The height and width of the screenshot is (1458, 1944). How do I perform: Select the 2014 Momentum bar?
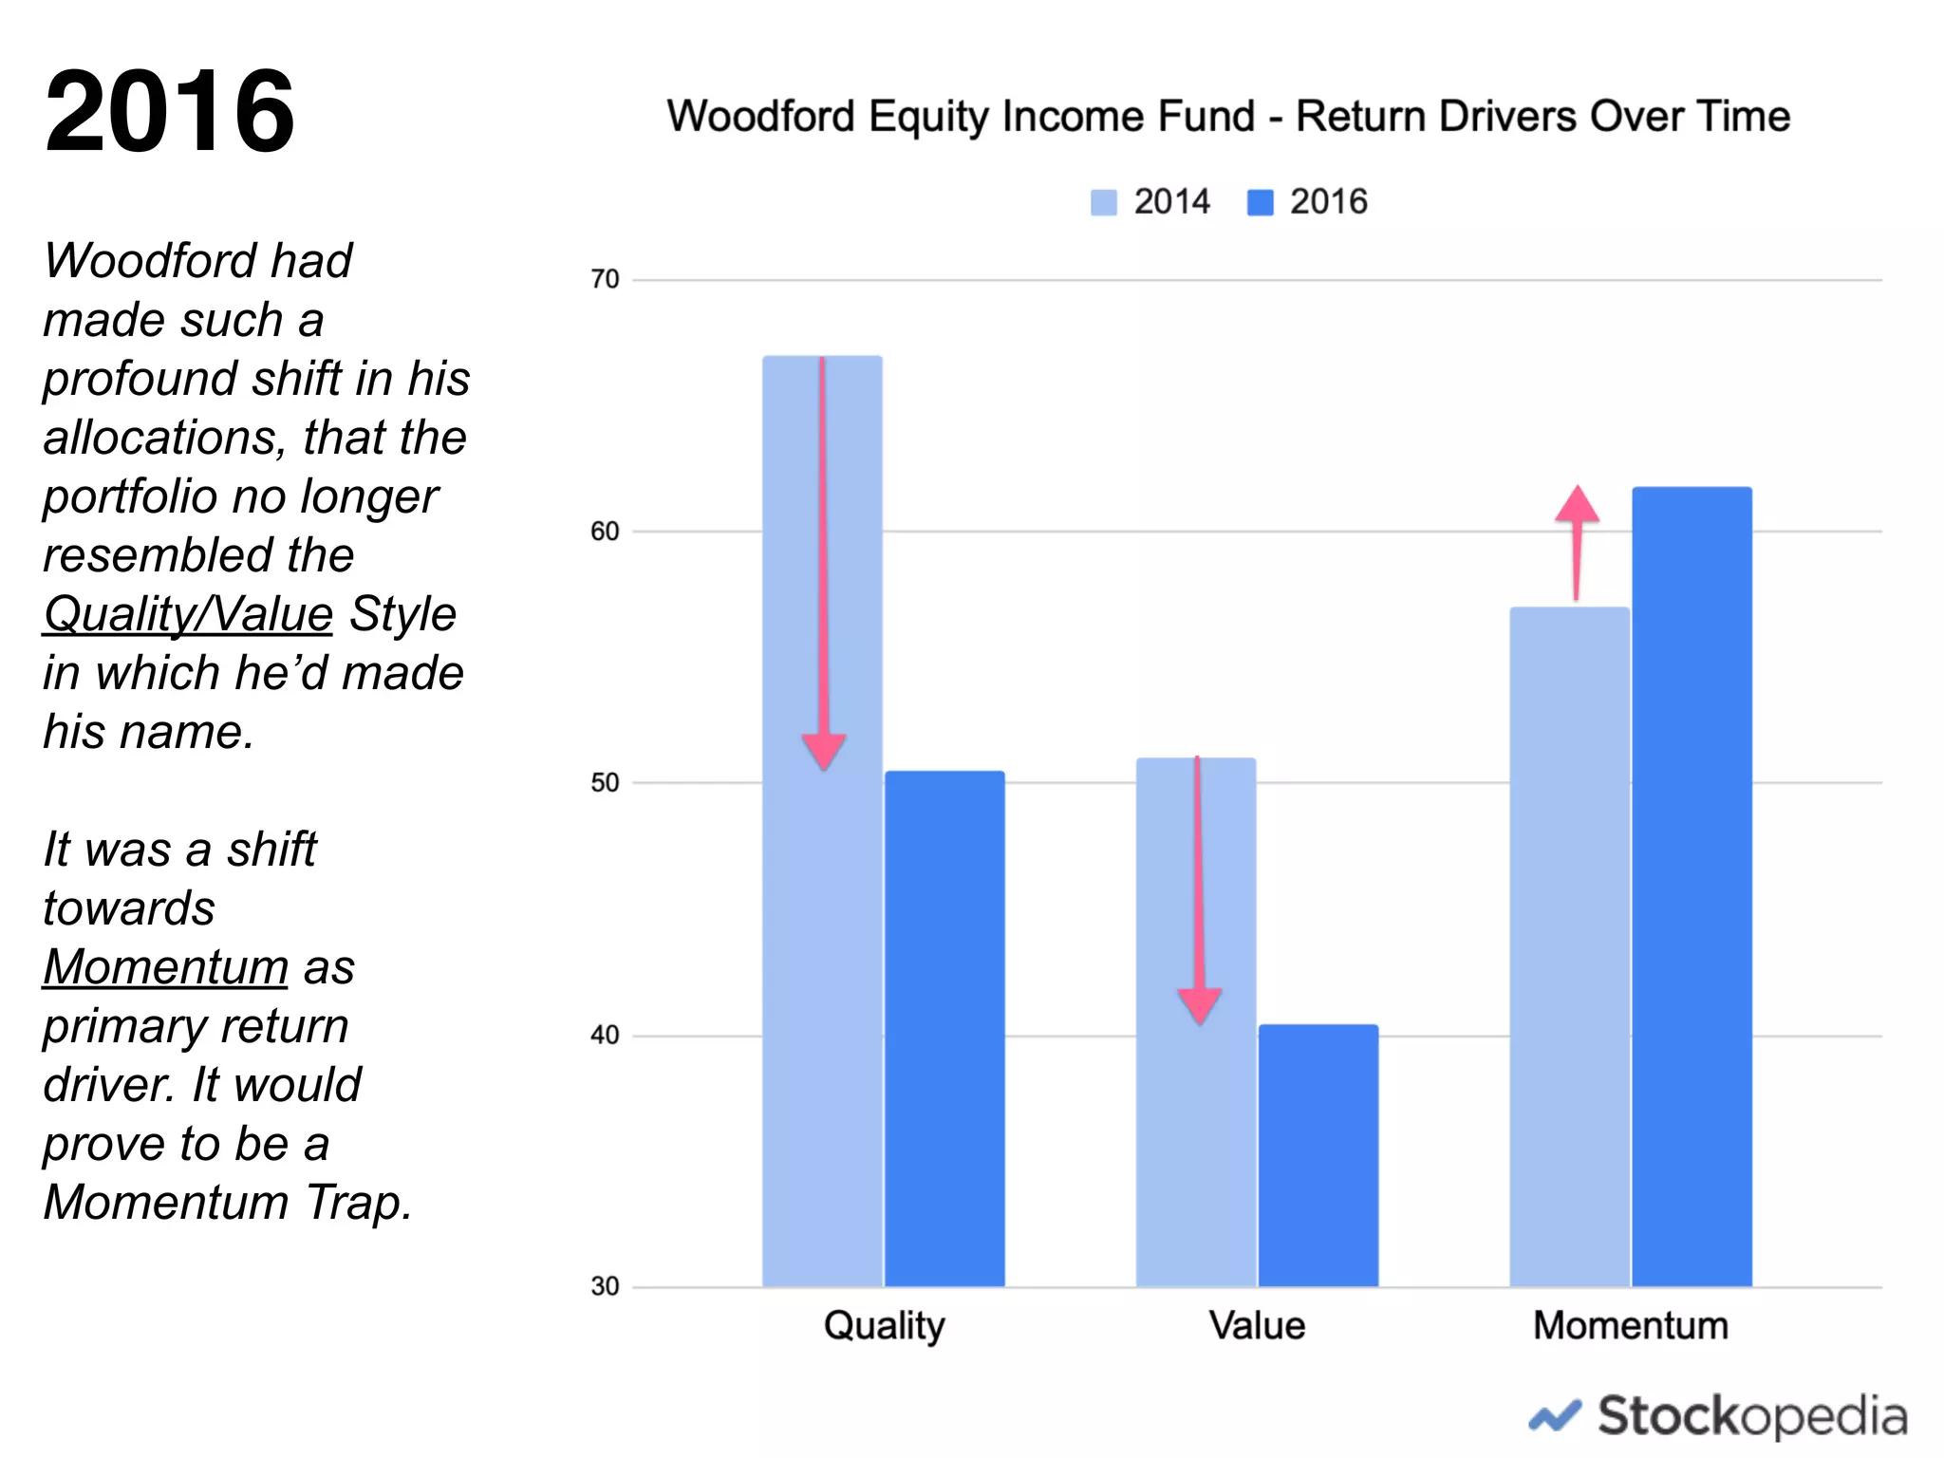click(1569, 949)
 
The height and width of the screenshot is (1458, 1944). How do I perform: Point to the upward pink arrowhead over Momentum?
click(1577, 506)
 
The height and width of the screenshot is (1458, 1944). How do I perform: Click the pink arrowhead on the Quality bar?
click(824, 750)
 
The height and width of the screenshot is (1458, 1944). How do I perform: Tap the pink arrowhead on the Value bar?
click(1200, 1004)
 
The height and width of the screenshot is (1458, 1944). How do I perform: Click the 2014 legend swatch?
click(1103, 202)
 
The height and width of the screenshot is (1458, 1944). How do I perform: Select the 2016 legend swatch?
click(1260, 202)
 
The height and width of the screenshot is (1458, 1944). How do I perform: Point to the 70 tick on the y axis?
click(604, 279)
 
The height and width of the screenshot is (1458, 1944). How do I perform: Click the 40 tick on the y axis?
click(604, 1035)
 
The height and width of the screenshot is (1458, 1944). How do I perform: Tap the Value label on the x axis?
click(1257, 1325)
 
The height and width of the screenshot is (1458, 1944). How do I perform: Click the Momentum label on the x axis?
click(1630, 1325)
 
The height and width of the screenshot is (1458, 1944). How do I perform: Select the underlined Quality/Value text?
click(188, 614)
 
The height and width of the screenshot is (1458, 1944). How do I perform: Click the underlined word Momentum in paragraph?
click(165, 967)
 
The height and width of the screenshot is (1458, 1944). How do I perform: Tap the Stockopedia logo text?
click(1751, 1416)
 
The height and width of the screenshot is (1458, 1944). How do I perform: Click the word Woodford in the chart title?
click(760, 117)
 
